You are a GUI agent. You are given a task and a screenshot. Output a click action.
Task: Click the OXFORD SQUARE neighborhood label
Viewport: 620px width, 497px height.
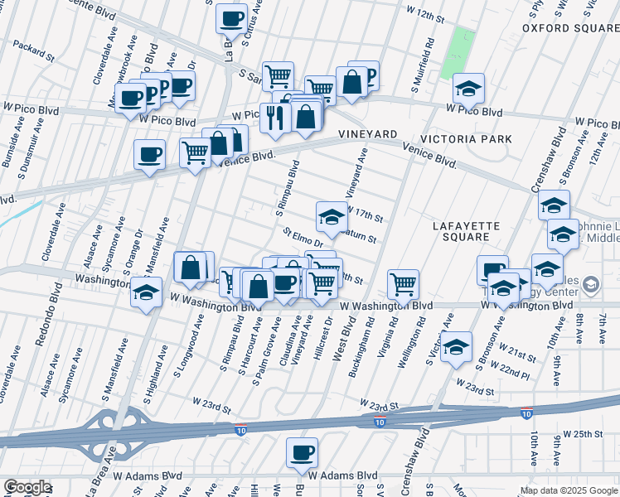tap(571, 28)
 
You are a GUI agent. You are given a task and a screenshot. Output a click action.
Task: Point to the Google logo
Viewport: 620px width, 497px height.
tap(27, 487)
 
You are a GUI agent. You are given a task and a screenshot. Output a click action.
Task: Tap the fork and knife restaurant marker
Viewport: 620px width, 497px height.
tap(274, 117)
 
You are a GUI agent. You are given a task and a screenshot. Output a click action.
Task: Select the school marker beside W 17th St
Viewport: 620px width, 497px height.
tap(332, 217)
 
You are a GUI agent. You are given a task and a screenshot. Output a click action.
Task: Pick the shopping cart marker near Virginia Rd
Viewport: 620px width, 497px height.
tap(403, 284)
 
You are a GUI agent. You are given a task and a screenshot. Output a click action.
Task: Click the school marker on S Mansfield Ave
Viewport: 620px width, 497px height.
tap(146, 293)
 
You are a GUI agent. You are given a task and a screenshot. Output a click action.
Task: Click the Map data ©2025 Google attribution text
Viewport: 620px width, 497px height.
tap(568, 490)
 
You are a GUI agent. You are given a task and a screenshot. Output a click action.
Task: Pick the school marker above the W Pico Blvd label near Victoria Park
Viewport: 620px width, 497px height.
tap(468, 89)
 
